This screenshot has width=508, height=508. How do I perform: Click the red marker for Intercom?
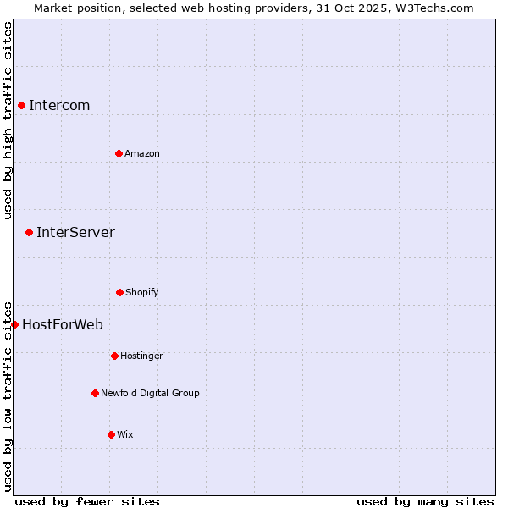[21, 105]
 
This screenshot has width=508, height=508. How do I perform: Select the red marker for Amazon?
[119, 153]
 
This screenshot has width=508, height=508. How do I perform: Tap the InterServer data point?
[29, 232]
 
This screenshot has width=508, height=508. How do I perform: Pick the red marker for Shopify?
[119, 292]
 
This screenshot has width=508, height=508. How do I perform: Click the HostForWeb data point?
[14, 324]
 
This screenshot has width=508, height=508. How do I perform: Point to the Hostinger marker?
[114, 356]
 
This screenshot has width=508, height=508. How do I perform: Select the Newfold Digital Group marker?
[95, 393]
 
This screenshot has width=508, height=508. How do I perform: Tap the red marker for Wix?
[111, 434]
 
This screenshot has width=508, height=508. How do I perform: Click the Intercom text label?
[59, 105]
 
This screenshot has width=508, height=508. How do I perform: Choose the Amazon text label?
[142, 153]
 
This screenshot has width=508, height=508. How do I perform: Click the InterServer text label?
[75, 232]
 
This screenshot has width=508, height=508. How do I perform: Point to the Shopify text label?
[142, 292]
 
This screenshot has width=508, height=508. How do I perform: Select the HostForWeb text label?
[63, 324]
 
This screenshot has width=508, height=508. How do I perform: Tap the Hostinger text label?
[141, 356]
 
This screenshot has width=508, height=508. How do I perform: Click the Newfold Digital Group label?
[151, 393]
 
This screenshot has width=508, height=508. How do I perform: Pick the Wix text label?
[125, 434]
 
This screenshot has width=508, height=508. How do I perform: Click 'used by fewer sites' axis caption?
[87, 501]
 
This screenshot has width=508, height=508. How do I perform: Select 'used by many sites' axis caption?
[425, 501]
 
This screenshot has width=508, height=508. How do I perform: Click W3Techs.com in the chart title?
[433, 8]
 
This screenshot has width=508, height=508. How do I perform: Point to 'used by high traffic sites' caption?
[8, 120]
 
